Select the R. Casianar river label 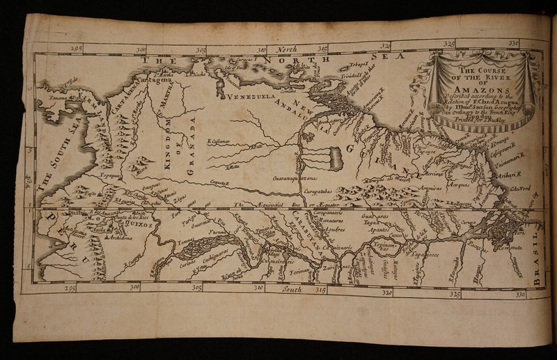pos(220,141)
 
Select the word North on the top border pos(287,49)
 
